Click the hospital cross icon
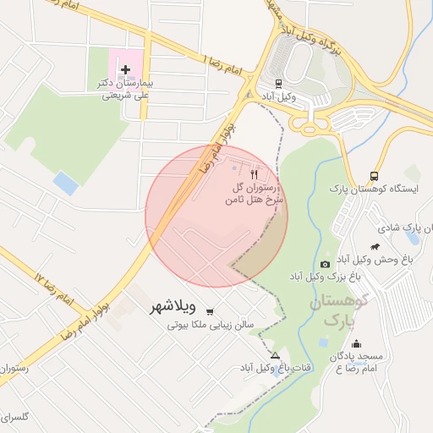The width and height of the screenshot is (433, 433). click(x=126, y=69)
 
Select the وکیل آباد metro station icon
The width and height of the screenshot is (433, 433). click(x=279, y=83)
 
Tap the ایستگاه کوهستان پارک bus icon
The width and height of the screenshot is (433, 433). click(x=374, y=175)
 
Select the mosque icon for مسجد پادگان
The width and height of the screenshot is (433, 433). click(x=356, y=345)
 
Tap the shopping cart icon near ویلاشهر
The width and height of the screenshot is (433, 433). click(x=209, y=310)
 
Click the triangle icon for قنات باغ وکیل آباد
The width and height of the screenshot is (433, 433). click(x=275, y=355)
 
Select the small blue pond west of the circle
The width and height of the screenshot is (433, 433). click(x=64, y=181)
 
